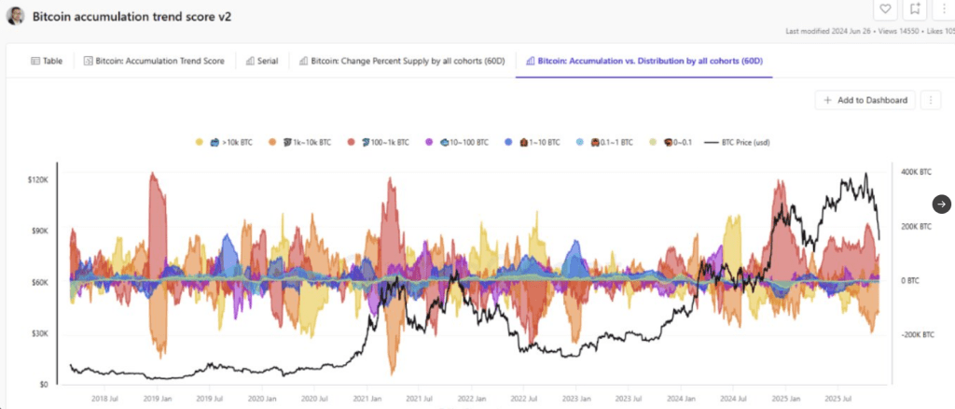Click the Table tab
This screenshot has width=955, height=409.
pyautogui.click(x=47, y=61)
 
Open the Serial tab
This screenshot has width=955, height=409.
pyautogui.click(x=261, y=61)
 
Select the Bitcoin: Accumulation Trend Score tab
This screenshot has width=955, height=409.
pyautogui.click(x=155, y=61)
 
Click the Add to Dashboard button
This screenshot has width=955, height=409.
pyautogui.click(x=864, y=100)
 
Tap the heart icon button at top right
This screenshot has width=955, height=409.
pyautogui.click(x=885, y=9)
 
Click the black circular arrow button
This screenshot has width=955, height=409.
pyautogui.click(x=941, y=204)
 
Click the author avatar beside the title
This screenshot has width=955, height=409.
pyautogui.click(x=16, y=16)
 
